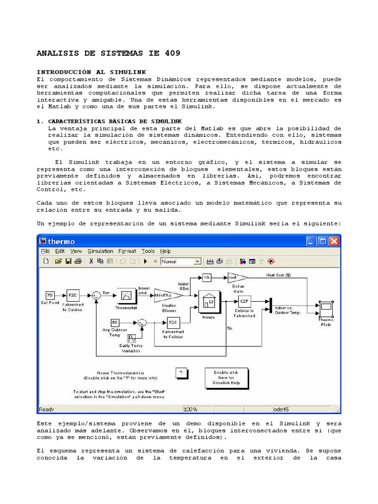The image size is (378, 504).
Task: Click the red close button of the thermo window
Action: click(x=334, y=241)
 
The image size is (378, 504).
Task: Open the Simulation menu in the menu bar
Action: click(x=100, y=251)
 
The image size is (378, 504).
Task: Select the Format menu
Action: click(x=127, y=251)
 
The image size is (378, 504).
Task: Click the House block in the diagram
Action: click(x=209, y=302)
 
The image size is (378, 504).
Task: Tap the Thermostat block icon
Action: click(x=126, y=295)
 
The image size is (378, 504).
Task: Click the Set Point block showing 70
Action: click(x=50, y=295)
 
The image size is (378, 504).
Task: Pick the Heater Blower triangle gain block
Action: click(x=167, y=295)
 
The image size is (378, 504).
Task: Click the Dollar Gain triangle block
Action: click(x=237, y=278)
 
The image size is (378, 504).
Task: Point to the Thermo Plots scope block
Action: click(x=326, y=309)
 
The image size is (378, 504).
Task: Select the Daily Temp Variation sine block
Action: click(x=132, y=339)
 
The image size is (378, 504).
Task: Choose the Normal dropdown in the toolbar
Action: click(x=181, y=261)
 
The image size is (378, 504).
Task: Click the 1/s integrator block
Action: click(x=207, y=278)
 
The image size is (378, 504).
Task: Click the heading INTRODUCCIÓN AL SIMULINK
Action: click(x=92, y=72)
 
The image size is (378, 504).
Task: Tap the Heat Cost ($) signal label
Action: click(x=279, y=275)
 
